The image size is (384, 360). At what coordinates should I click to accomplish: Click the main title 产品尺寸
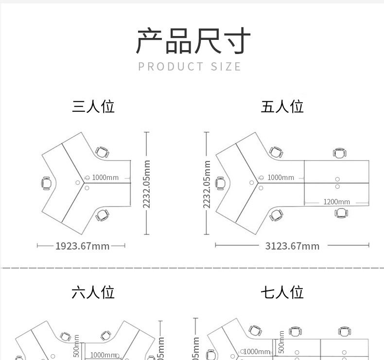192,41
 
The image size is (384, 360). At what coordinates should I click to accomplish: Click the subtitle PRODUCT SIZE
190,67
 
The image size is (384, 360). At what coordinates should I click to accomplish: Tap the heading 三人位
93,107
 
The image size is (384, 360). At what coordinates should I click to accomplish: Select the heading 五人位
282,107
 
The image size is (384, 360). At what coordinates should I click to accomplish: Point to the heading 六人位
93,292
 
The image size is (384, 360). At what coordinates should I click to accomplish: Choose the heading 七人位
282,292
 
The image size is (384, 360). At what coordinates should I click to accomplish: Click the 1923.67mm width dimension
82,246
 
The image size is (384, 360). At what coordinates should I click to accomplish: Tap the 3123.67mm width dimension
292,246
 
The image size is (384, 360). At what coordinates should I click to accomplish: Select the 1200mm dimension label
336,202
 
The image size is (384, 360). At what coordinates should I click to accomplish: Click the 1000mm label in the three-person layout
105,178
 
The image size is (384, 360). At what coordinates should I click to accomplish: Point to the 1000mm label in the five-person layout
280,178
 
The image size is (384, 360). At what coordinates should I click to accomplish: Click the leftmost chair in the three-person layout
47,183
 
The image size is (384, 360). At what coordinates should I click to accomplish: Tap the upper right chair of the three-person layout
102,152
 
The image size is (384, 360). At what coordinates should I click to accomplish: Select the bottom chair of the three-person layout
103,214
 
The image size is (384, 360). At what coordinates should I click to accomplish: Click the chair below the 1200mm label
342,213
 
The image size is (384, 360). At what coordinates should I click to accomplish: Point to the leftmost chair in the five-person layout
221,183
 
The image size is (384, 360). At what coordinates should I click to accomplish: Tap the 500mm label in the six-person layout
76,345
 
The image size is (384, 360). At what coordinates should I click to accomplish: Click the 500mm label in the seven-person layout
281,342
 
